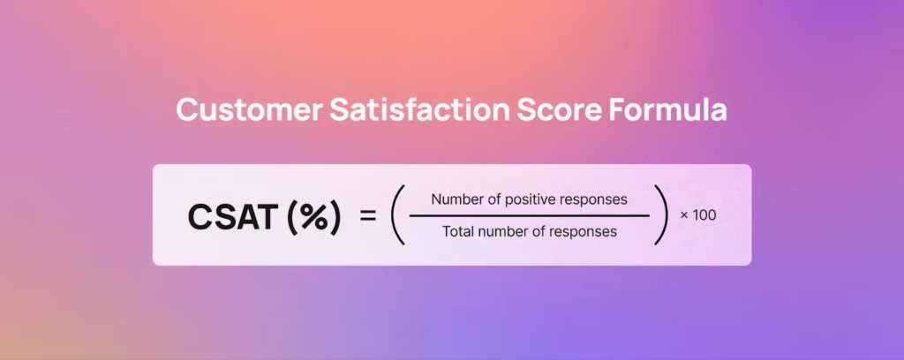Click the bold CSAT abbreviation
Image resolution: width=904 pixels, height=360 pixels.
point(230,217)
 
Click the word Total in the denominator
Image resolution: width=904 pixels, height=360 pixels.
point(456,232)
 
